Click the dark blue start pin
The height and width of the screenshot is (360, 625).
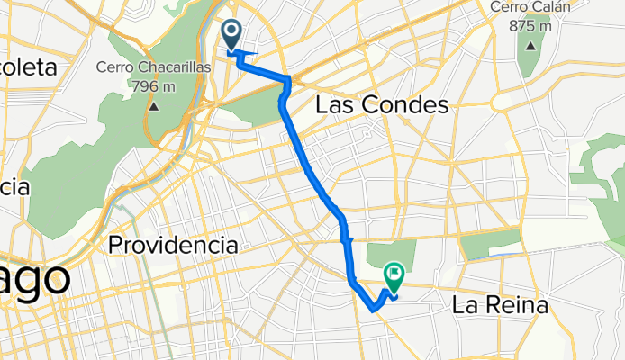click(231, 35)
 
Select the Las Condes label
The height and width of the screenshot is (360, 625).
click(381, 105)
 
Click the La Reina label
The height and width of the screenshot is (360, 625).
click(499, 306)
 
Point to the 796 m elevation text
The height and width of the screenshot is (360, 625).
click(153, 86)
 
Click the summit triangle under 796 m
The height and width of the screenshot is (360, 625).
click(153, 106)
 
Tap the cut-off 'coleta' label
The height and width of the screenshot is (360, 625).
click(27, 67)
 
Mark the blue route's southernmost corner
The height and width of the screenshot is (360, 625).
click(373, 309)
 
